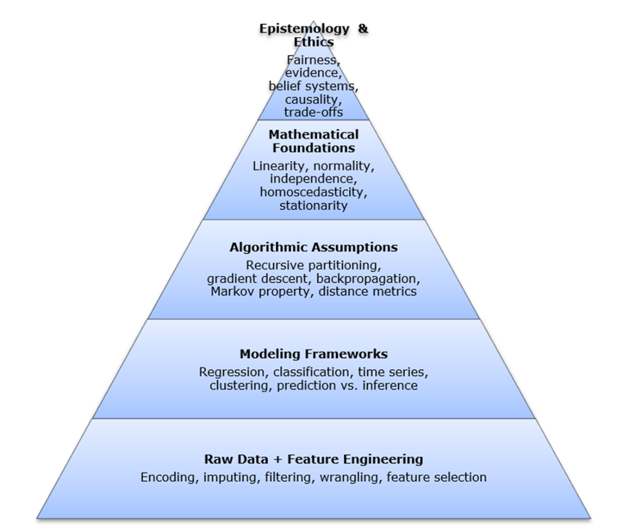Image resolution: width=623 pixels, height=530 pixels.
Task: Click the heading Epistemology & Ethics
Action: click(x=313, y=35)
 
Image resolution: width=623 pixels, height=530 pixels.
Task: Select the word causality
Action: click(x=313, y=100)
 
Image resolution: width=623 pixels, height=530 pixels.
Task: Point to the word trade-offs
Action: click(x=313, y=112)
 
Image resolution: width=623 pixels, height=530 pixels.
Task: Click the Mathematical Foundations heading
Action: click(x=313, y=142)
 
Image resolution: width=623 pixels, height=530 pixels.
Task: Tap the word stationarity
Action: click(x=313, y=205)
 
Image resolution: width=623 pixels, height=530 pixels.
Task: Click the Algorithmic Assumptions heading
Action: click(x=313, y=247)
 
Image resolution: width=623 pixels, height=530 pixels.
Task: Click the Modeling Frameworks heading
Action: click(x=313, y=354)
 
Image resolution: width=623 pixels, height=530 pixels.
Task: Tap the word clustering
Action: click(x=235, y=386)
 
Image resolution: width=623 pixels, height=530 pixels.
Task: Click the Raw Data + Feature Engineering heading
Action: click(x=313, y=459)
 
